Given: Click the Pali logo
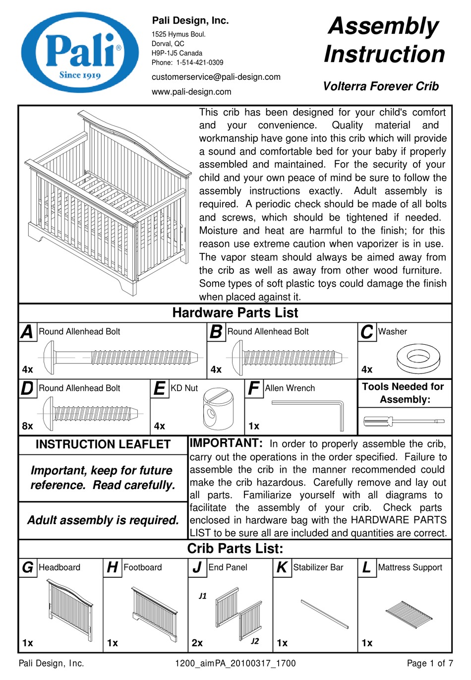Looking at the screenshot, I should [x=80, y=53].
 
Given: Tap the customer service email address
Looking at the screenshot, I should [x=216, y=77].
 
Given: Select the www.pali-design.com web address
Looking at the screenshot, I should [x=191, y=92].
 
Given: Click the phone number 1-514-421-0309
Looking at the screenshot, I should [x=200, y=63].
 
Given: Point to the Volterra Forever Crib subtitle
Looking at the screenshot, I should [x=381, y=86].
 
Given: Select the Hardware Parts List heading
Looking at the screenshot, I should [x=235, y=313].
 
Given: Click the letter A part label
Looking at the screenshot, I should [x=27, y=332].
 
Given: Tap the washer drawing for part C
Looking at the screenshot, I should [x=418, y=360].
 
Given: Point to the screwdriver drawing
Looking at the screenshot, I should [x=405, y=422].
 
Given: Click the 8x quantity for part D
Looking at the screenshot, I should [x=28, y=426].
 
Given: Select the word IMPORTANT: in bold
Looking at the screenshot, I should [x=226, y=443].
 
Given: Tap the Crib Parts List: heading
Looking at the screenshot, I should [x=235, y=549].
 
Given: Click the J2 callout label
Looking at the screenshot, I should [x=255, y=641].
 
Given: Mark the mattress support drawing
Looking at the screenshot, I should [x=410, y=615].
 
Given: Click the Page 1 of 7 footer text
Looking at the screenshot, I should [x=429, y=664].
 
